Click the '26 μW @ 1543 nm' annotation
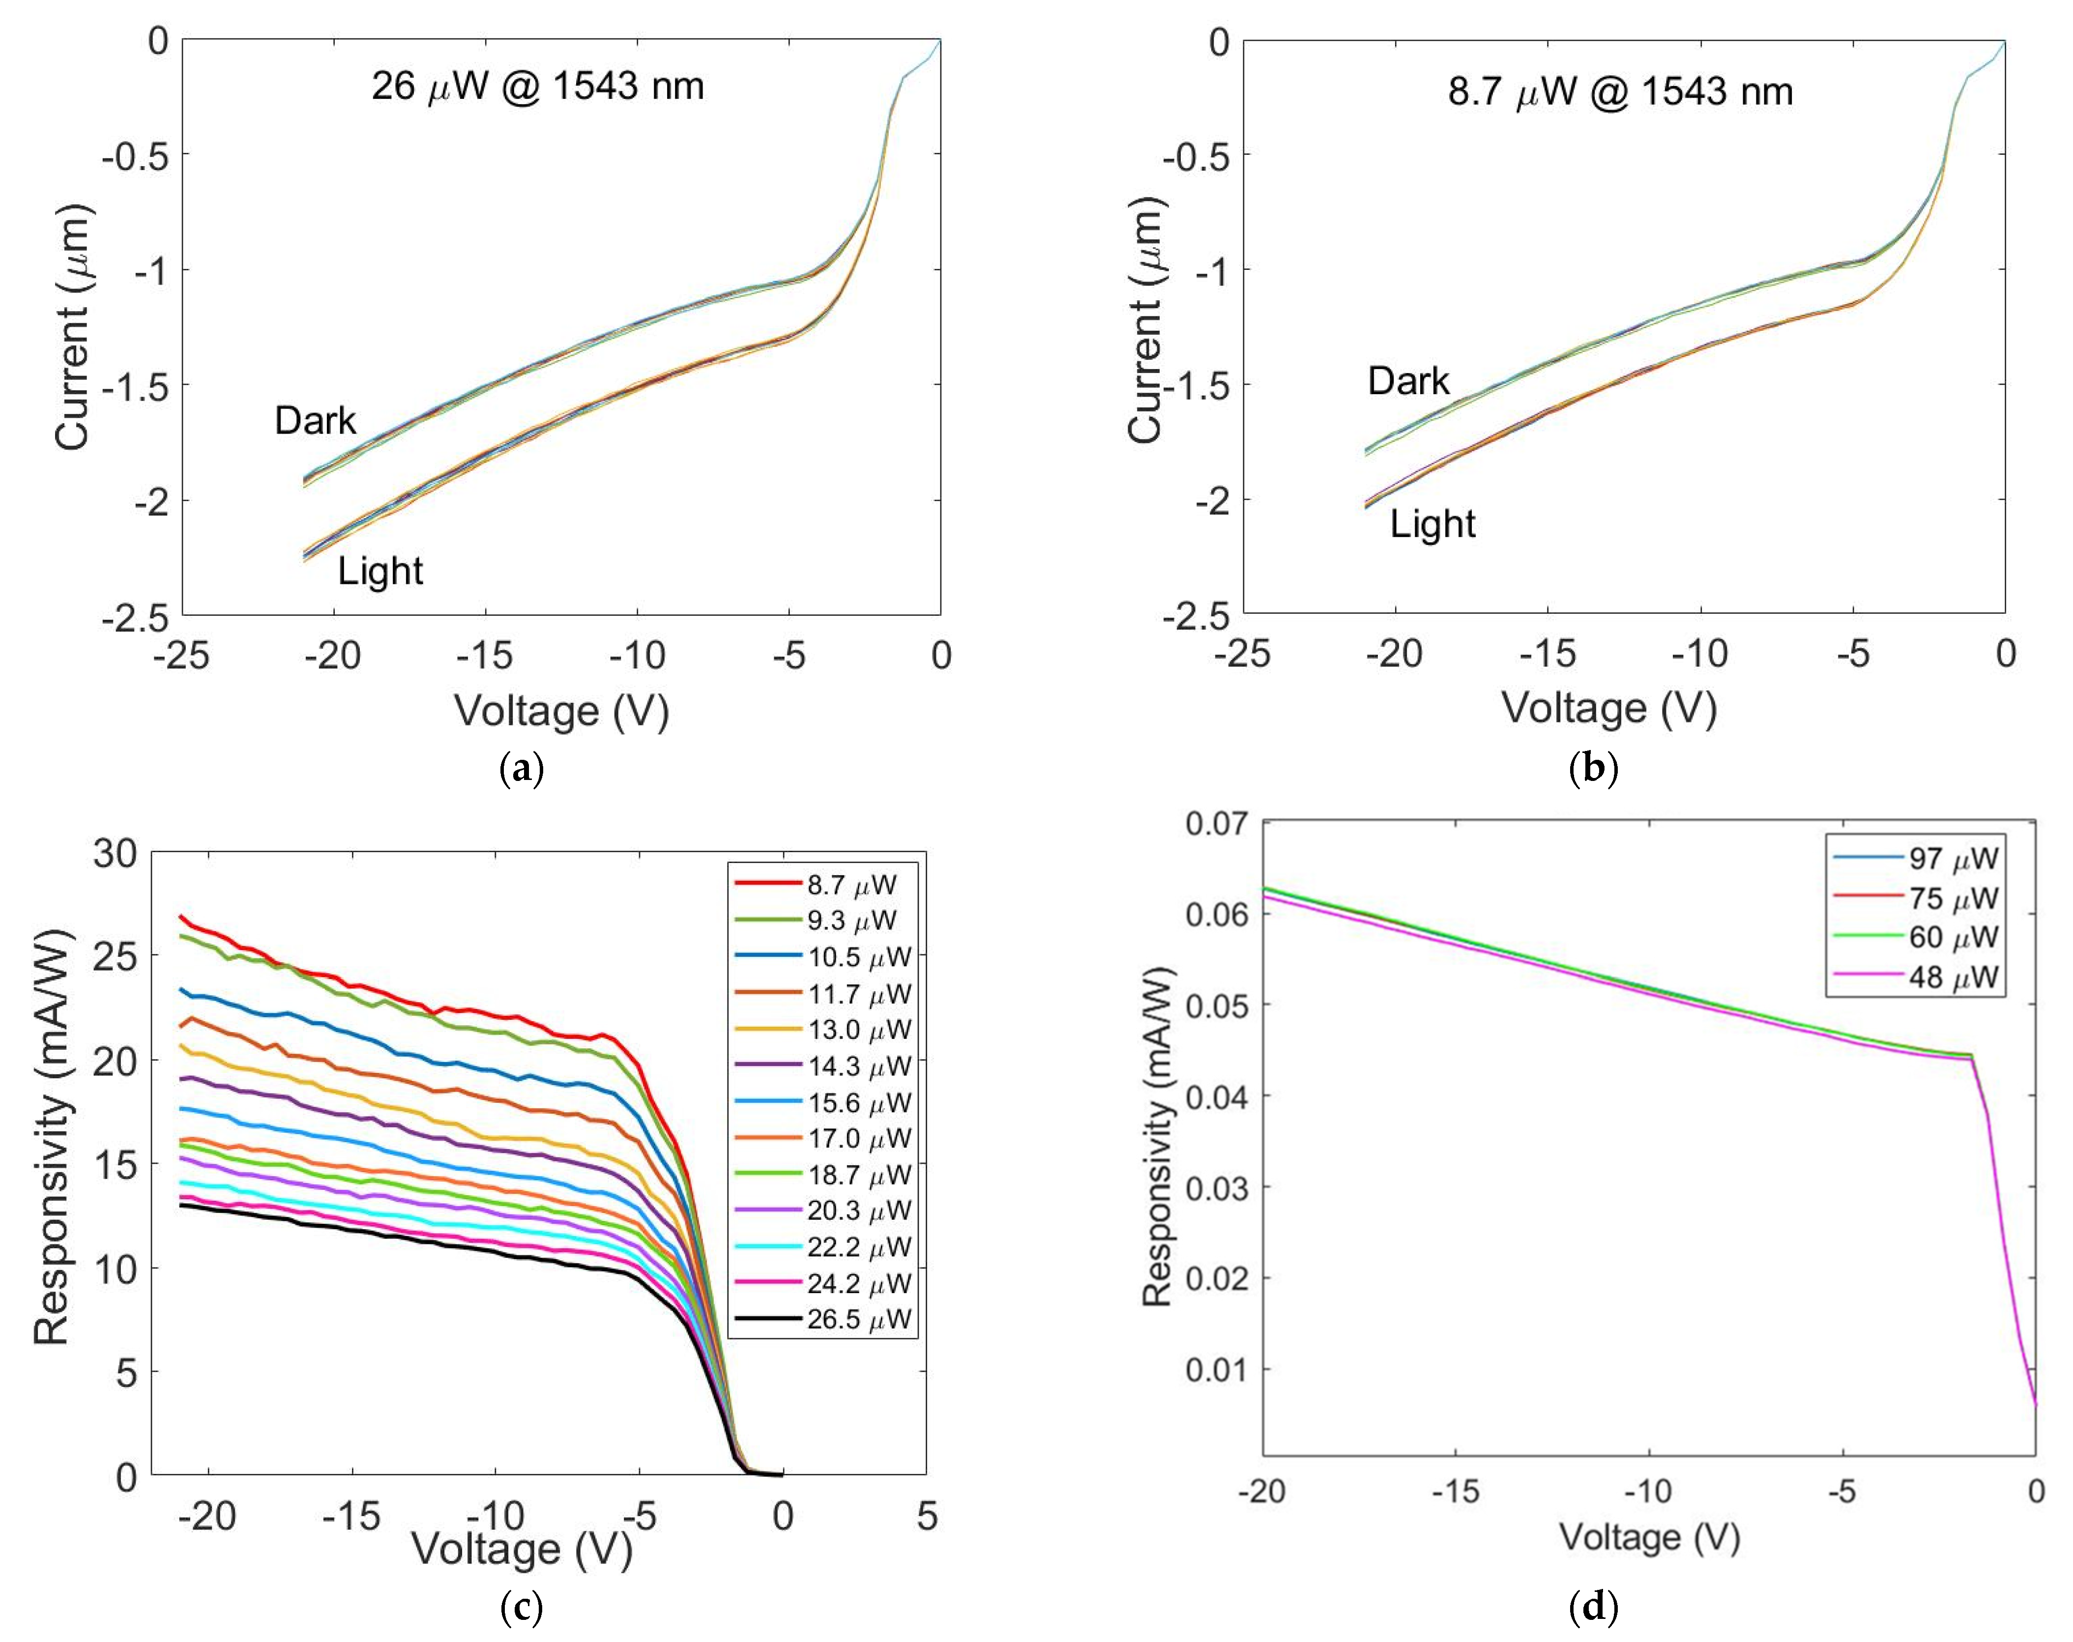tap(537, 86)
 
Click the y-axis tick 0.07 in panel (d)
tap(1216, 824)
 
